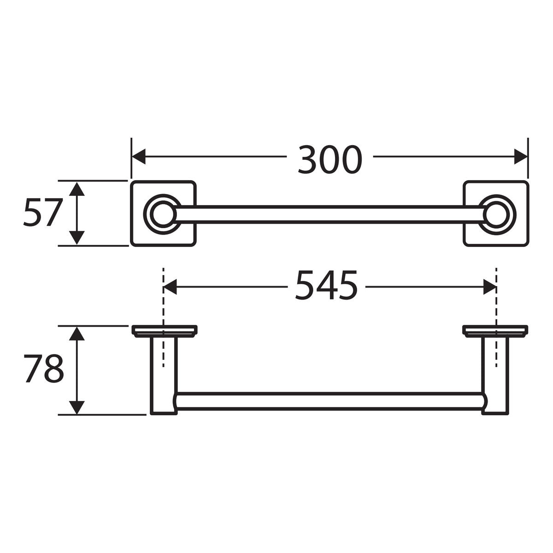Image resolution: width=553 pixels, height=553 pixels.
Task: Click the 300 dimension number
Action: (x=330, y=159)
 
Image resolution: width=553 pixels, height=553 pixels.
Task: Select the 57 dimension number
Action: (x=42, y=213)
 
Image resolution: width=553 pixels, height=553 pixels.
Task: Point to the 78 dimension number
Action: (x=43, y=369)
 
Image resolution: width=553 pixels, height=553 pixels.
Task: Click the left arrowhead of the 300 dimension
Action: (x=138, y=157)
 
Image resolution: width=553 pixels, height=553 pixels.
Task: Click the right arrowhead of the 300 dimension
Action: (x=521, y=157)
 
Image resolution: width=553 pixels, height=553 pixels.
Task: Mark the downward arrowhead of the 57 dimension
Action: (x=77, y=238)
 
